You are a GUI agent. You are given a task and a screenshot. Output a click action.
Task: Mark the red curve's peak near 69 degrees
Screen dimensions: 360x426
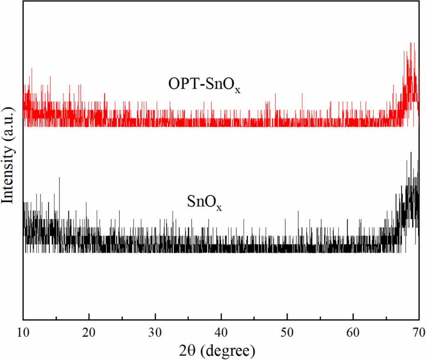point(411,43)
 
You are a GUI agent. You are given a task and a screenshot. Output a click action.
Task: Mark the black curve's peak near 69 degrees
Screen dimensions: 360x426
point(411,153)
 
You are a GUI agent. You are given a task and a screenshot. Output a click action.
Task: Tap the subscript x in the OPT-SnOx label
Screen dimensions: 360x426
point(237,90)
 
